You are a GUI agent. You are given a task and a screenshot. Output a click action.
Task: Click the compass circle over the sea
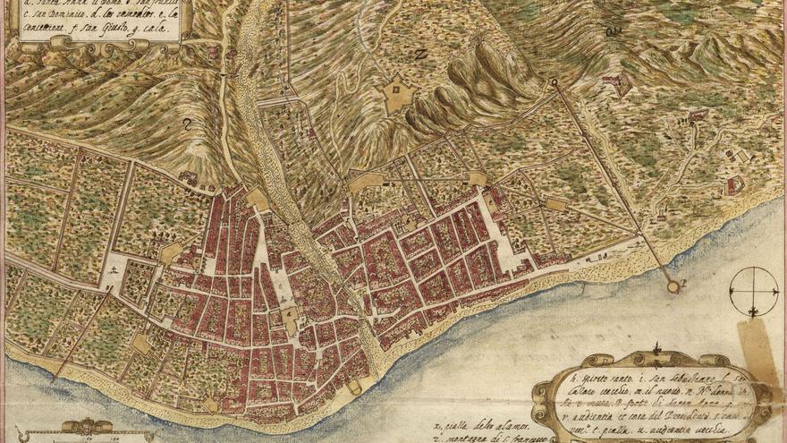pyautogui.click(x=753, y=291)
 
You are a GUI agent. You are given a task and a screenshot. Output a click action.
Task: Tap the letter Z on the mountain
pyautogui.click(x=420, y=54)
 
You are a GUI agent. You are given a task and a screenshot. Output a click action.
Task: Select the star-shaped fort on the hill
pyautogui.click(x=398, y=94)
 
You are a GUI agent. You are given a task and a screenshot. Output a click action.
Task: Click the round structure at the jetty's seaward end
pyautogui.click(x=673, y=285)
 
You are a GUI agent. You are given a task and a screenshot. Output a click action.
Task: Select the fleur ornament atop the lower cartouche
pyautogui.click(x=657, y=350)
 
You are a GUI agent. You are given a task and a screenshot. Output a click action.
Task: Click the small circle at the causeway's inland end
pyautogui.click(x=554, y=83)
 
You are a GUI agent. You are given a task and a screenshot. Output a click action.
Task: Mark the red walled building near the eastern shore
pyautogui.click(x=735, y=185)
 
